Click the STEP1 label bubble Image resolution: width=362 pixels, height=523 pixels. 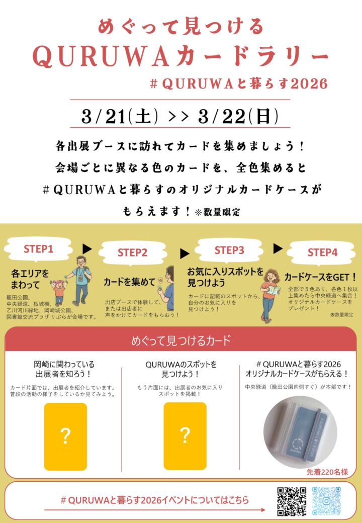[x=38, y=249]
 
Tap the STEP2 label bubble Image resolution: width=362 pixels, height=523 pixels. [x=132, y=252]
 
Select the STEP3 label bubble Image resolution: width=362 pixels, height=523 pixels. [x=229, y=250]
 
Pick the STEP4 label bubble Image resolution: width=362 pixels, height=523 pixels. [x=322, y=252]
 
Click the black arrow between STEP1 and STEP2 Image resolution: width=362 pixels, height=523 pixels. [x=87, y=249]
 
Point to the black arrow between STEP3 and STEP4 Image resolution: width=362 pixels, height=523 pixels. [x=278, y=248]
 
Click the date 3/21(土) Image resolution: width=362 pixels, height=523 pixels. [x=120, y=116]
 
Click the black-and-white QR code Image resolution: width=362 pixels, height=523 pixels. [x=292, y=501]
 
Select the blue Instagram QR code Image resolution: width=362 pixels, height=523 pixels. [x=326, y=501]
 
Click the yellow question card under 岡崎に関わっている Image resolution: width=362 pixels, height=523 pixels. [x=66, y=437]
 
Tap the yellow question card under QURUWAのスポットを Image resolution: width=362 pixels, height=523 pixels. [x=185, y=436]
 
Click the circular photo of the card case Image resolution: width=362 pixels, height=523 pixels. [x=300, y=432]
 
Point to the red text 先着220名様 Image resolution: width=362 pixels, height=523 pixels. [x=327, y=472]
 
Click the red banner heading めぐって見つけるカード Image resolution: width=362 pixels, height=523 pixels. [x=181, y=340]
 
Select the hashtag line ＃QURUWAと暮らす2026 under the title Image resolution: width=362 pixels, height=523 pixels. [x=239, y=83]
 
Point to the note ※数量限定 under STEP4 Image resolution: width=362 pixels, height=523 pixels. [x=342, y=314]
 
